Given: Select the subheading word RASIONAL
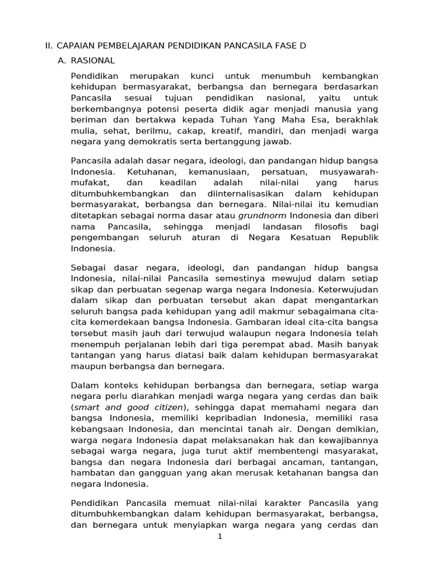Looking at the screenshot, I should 93,60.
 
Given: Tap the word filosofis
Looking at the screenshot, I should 326,226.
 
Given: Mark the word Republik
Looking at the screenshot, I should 359,237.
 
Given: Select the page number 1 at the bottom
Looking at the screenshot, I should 220,537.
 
